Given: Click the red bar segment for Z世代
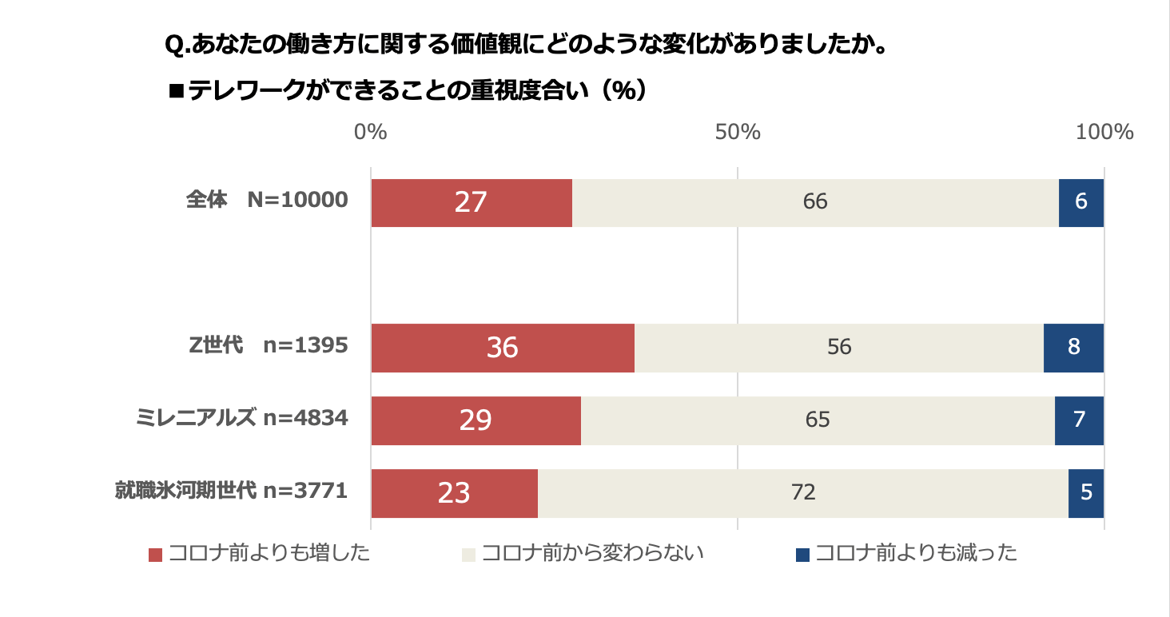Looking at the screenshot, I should pos(503,348).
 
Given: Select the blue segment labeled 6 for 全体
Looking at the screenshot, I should pos(1080,203).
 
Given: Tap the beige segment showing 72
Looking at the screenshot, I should pos(802,493).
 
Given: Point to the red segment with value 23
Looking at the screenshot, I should pos(454,493).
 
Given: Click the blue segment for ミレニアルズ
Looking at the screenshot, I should pos(1079,420).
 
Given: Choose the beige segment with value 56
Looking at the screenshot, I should pos(838,348).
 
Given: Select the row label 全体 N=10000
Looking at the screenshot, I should pos(267,200).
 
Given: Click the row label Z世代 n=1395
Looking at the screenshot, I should pos(268,345).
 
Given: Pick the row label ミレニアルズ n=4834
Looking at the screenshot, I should pos(242,417).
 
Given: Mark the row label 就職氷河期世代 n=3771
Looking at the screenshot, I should pos(231,490).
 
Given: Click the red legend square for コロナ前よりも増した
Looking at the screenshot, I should pos(156,555).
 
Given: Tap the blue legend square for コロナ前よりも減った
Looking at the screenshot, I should pos(803,555).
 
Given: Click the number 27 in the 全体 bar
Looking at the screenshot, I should pos(470,203).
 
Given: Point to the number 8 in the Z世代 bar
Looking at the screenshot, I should pos(1073,348).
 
